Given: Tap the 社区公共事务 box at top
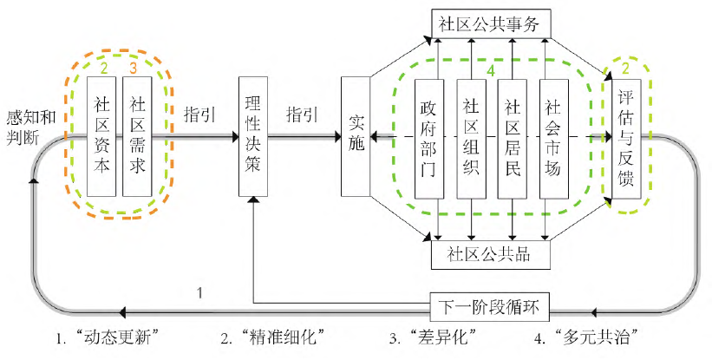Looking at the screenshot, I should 489,24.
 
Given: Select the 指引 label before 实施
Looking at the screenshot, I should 301,114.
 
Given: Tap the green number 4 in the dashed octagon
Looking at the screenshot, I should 491,70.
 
